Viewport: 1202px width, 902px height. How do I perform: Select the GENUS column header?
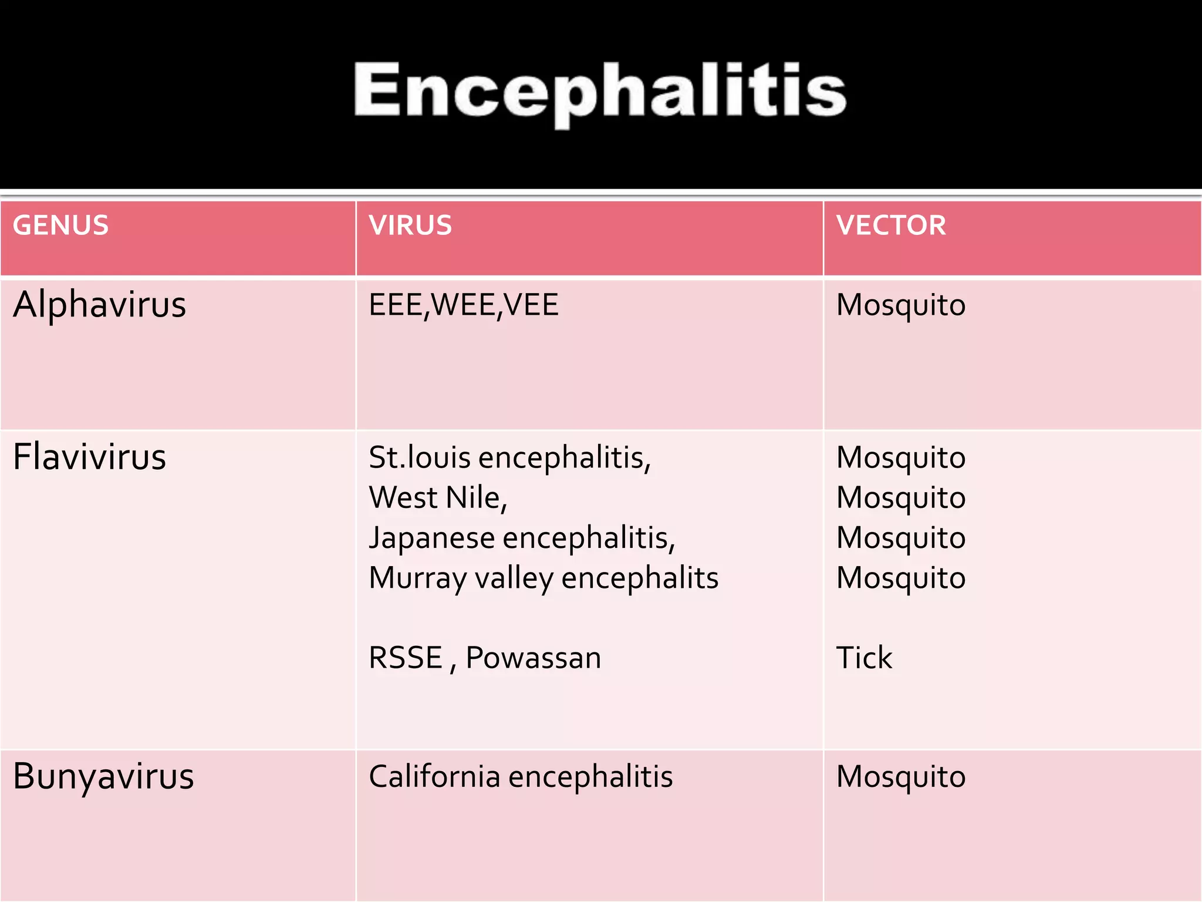click(x=61, y=225)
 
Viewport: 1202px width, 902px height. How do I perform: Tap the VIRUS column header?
click(x=410, y=225)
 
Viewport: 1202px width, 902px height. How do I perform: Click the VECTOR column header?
click(x=891, y=225)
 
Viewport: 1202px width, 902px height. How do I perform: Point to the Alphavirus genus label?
click(x=99, y=305)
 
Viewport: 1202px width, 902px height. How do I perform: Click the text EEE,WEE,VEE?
click(x=463, y=305)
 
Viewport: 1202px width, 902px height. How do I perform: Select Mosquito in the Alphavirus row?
click(x=901, y=306)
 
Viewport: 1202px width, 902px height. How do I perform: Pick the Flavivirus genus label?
click(x=90, y=457)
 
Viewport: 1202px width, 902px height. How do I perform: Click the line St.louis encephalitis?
click(x=509, y=457)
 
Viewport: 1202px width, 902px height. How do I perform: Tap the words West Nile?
click(x=438, y=498)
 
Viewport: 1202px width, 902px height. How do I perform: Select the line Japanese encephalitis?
click(x=522, y=538)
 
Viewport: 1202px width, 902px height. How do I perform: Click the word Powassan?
click(x=533, y=658)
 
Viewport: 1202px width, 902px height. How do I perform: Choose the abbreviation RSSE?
click(x=406, y=658)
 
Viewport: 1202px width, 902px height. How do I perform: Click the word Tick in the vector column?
click(x=864, y=658)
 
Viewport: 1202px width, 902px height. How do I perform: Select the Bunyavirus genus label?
click(x=103, y=776)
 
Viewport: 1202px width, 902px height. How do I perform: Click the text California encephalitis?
click(x=521, y=776)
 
